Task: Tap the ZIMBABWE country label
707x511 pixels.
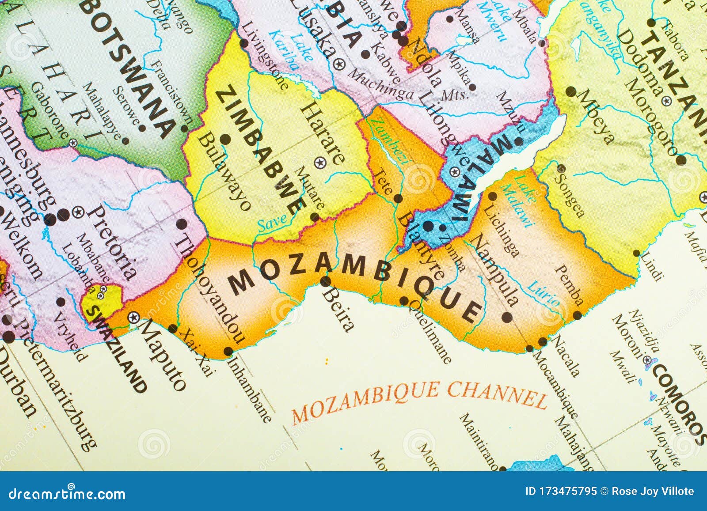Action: [x=261, y=151]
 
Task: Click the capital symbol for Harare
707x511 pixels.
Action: [x=319, y=163]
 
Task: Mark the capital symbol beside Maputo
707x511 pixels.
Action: [x=133, y=317]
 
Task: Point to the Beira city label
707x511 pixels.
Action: [x=338, y=309]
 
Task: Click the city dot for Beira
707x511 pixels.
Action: [x=326, y=281]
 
